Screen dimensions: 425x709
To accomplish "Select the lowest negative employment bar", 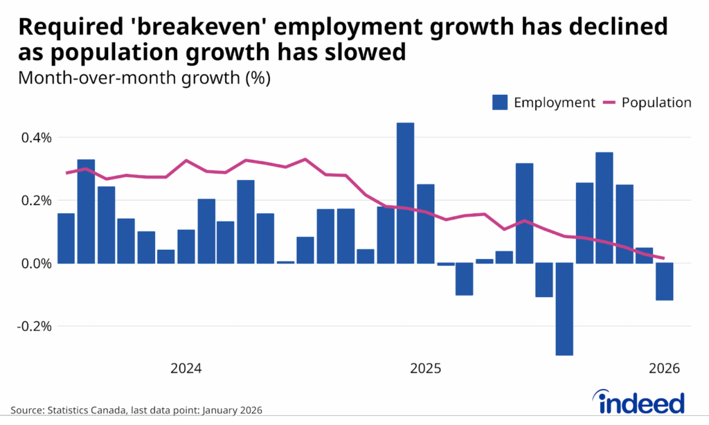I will tap(564, 309).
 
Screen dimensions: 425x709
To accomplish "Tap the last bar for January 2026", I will tap(664, 282).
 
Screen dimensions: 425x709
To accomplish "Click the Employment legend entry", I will tap(543, 102).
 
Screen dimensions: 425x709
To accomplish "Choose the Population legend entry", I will tap(647, 102).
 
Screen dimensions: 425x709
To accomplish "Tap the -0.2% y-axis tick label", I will tap(33, 326).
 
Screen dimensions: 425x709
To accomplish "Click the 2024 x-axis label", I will tap(186, 368).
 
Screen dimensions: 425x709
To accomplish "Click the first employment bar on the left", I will tap(66, 238).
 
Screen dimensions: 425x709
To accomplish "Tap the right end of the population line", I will tap(683, 259).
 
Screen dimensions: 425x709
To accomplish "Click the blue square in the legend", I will tap(500, 102).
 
